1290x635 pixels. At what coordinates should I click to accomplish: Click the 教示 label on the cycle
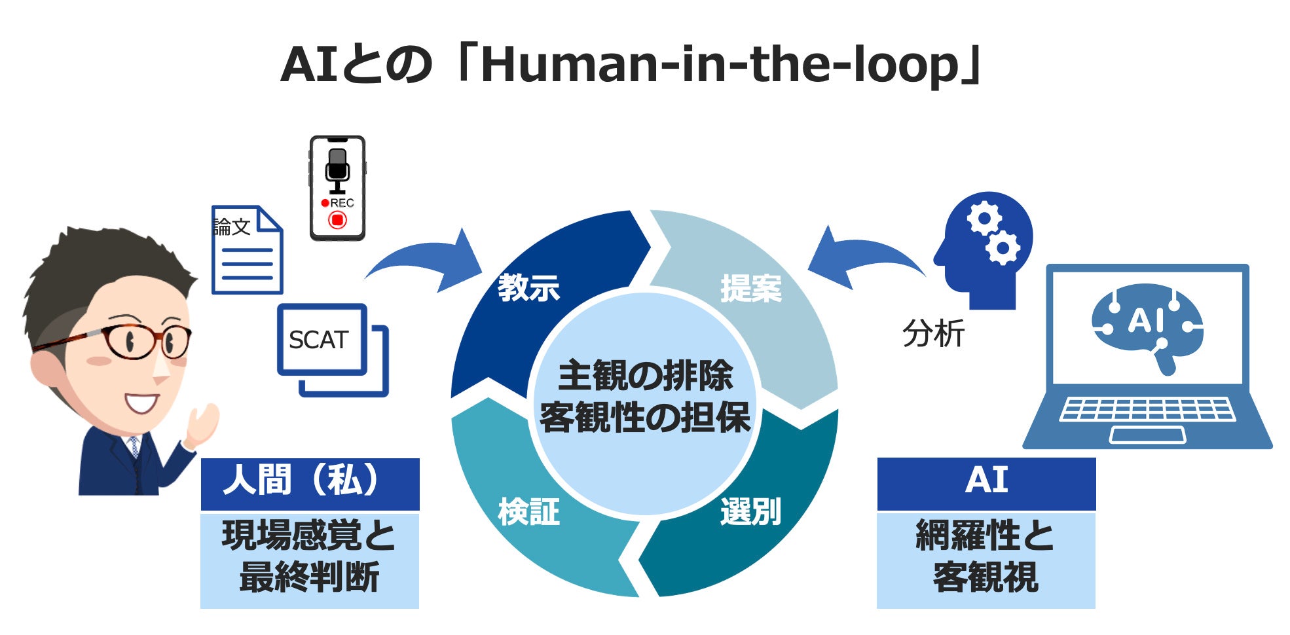pyautogui.click(x=528, y=288)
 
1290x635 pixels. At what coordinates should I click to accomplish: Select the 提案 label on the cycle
pyautogui.click(x=751, y=288)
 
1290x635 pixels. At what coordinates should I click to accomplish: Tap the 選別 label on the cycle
pyautogui.click(x=750, y=511)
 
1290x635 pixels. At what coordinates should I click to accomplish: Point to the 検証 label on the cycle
pyautogui.click(x=528, y=511)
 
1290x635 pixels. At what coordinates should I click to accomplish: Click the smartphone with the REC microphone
pyautogui.click(x=337, y=188)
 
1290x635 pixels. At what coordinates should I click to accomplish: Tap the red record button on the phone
pyautogui.click(x=337, y=220)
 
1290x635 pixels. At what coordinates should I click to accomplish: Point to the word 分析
pyautogui.click(x=933, y=333)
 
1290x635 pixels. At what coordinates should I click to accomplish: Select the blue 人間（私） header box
pyautogui.click(x=310, y=484)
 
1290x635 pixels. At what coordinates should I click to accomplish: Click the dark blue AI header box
pyautogui.click(x=986, y=484)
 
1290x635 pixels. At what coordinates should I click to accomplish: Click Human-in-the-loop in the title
pyautogui.click(x=720, y=65)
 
